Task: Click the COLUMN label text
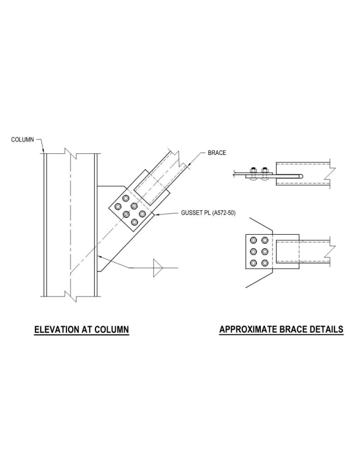coord(23,140)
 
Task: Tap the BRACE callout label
coord(217,153)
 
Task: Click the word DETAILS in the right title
coord(326,330)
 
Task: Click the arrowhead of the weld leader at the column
coord(98,256)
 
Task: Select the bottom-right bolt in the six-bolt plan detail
coord(266,263)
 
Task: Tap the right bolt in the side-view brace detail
coord(266,173)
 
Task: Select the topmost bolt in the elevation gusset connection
coord(125,199)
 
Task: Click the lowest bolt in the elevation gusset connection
coord(135,221)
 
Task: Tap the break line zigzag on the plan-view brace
coord(332,250)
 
